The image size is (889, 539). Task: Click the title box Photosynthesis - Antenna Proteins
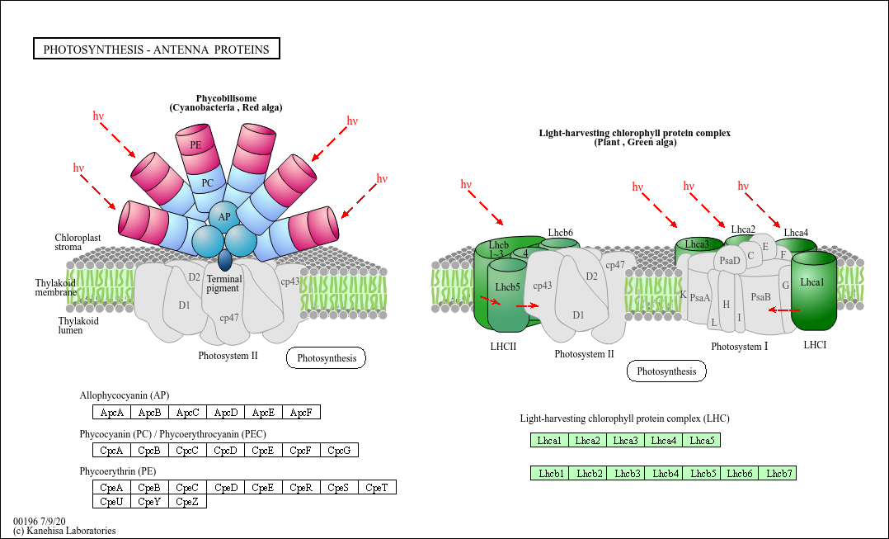point(156,50)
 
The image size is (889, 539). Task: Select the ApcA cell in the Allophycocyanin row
point(111,412)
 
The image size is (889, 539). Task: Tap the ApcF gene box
point(301,412)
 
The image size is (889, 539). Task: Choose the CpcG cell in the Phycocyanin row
point(339,450)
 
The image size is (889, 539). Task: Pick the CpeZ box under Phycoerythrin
point(187,501)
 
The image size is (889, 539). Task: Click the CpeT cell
point(377,488)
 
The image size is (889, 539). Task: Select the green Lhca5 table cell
point(701,441)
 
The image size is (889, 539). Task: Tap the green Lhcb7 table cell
point(778,473)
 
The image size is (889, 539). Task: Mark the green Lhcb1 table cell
point(550,473)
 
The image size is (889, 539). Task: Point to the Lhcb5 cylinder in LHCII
point(507,288)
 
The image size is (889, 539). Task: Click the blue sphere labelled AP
point(223,217)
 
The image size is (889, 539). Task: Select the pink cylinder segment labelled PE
point(195,145)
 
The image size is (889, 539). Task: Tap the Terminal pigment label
point(223,284)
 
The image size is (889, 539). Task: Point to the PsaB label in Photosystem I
point(760,297)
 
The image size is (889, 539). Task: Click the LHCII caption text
point(503,347)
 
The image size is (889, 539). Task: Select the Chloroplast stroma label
point(78,242)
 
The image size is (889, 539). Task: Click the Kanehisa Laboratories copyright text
point(64,531)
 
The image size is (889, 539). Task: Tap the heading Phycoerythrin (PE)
point(117,471)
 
